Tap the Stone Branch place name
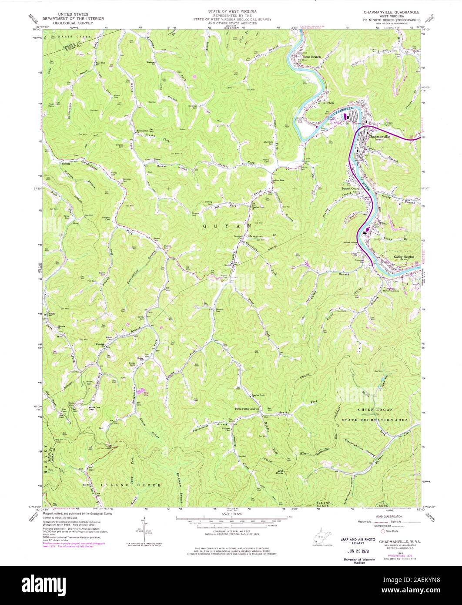click(311, 57)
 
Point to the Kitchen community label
click(328, 103)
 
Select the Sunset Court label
click(350, 188)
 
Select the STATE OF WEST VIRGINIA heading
click(231, 9)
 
